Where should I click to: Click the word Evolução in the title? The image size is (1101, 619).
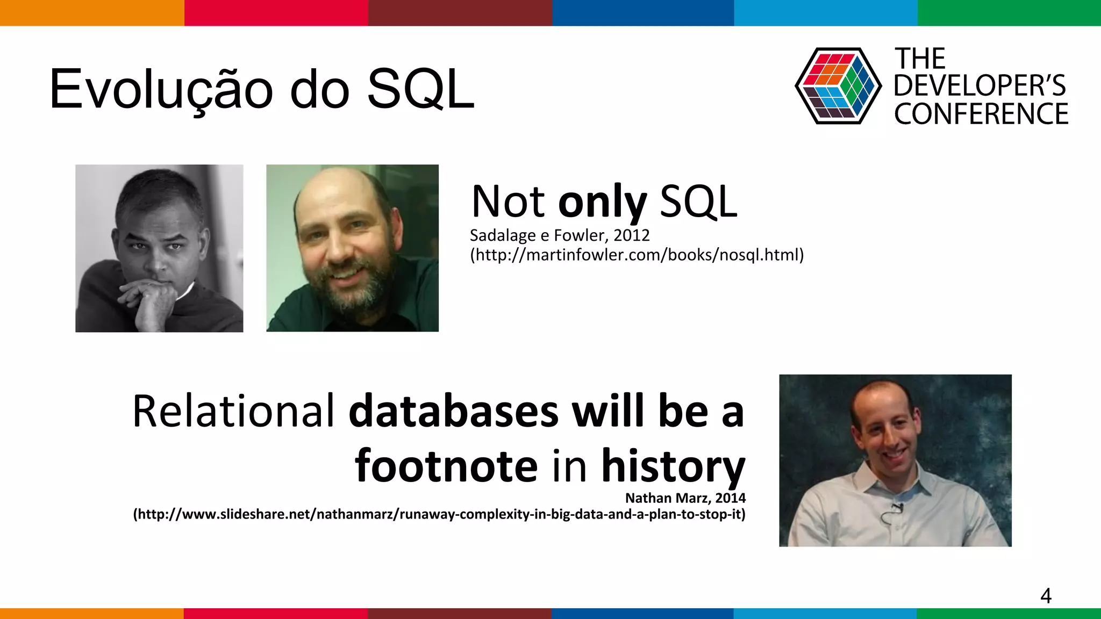(161, 90)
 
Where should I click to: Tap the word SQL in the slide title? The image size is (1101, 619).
(420, 90)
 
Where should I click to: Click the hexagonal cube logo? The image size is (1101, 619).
(838, 86)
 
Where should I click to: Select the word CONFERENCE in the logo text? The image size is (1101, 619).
(981, 114)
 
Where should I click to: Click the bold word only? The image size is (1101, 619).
(602, 202)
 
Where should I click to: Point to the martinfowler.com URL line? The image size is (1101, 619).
(637, 255)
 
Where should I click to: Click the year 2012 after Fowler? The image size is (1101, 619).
(632, 235)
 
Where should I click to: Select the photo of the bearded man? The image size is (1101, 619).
(352, 248)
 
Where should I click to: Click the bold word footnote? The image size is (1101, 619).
(446, 466)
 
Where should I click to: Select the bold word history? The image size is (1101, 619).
(673, 466)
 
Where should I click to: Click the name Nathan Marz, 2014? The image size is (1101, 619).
(685, 498)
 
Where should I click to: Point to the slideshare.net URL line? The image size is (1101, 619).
(439, 514)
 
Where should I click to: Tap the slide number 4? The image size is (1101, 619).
(1046, 596)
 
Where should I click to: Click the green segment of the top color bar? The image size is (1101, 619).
(1009, 12)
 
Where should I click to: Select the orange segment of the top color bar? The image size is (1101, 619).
(91, 12)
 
